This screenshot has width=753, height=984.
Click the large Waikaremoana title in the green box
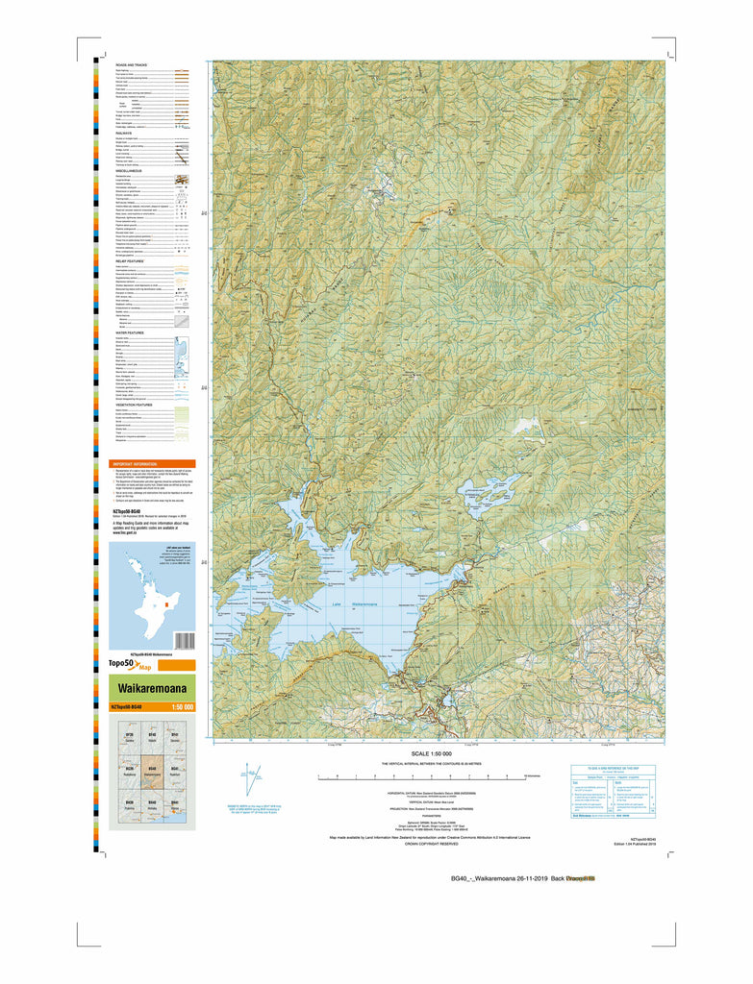[x=145, y=689]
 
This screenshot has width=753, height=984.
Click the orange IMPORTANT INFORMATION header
[x=144, y=463]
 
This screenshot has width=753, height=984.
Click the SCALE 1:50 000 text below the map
[x=431, y=754]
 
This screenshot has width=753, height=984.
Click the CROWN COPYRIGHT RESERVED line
[x=431, y=845]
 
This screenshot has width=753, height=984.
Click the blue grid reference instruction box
[x=613, y=794]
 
